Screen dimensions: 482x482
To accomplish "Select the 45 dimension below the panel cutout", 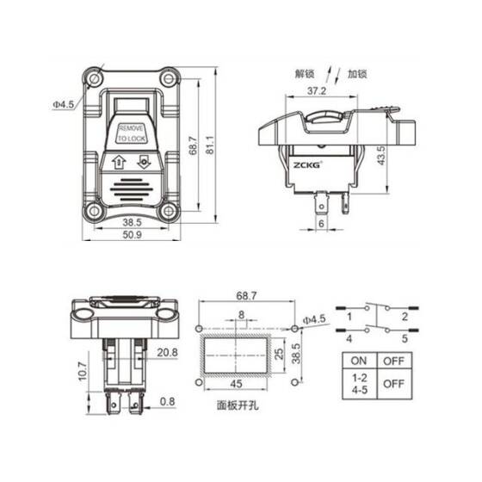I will [234, 384].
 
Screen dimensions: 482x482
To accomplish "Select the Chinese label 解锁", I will [307, 74].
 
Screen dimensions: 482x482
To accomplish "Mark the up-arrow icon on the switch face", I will [118, 159].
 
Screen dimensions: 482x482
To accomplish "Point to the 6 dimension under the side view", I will [322, 224].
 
